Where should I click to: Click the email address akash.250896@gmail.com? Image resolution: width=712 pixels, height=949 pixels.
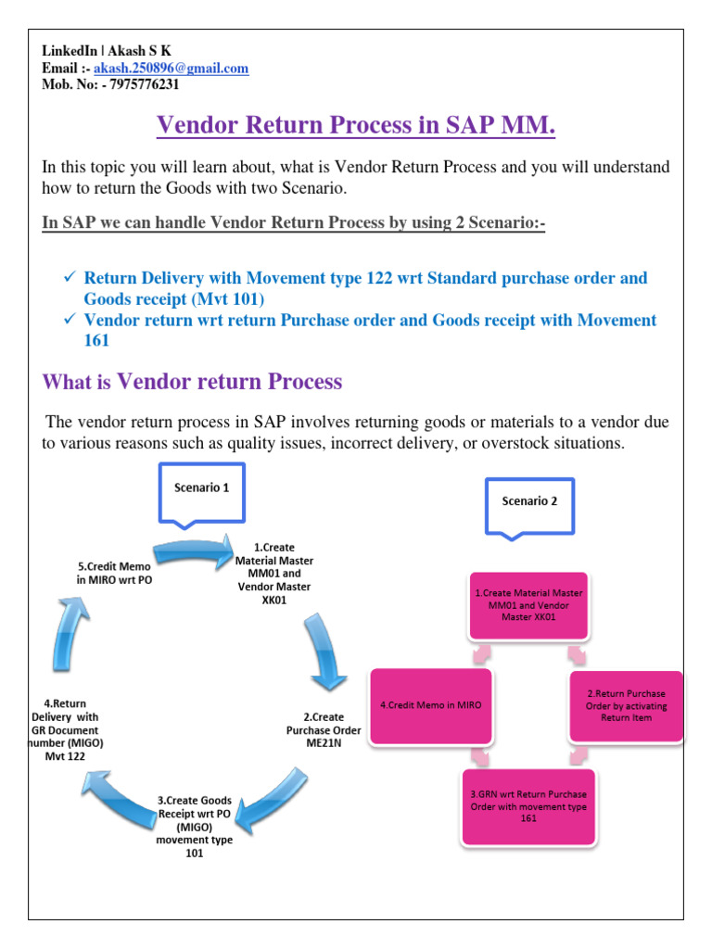(x=171, y=69)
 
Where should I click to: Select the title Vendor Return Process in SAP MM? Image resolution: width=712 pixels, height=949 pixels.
(x=356, y=124)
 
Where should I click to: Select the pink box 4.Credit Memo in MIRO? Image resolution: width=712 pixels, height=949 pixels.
(x=431, y=705)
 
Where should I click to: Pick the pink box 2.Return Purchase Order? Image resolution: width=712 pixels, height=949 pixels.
(x=626, y=705)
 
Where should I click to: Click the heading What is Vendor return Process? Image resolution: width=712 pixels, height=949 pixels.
(x=192, y=381)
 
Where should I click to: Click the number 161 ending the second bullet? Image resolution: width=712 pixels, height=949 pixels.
(x=96, y=340)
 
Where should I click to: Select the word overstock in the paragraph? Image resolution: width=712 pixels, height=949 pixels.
(x=491, y=444)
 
